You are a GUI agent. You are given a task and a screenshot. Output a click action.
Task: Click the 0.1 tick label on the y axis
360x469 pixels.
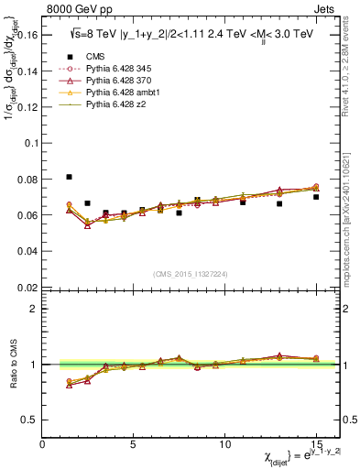(x=31, y=144)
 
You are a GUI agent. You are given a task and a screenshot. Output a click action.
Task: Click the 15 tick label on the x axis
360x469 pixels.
(x=315, y=444)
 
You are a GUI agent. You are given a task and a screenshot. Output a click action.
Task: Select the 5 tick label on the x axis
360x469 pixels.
(x=134, y=444)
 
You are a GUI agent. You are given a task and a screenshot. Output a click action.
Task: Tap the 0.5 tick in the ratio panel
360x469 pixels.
(x=31, y=420)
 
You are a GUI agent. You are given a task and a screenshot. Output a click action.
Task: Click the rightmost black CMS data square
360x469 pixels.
(x=316, y=197)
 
